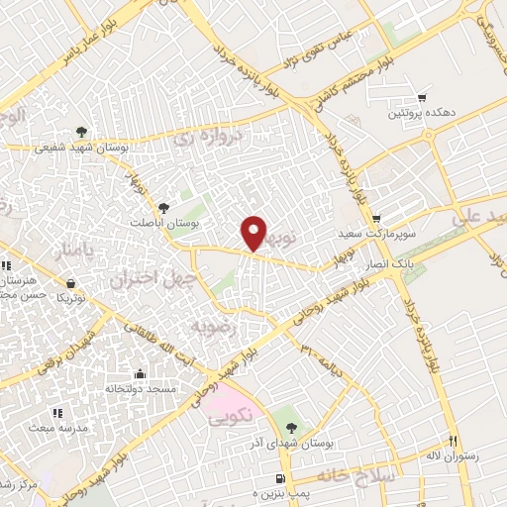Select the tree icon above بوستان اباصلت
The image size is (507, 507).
click(x=163, y=207)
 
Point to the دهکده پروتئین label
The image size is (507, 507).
click(x=422, y=114)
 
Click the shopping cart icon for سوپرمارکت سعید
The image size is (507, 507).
click(x=375, y=219)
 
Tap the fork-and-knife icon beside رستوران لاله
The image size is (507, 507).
click(x=454, y=442)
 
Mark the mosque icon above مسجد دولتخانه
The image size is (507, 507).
click(x=140, y=373)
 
